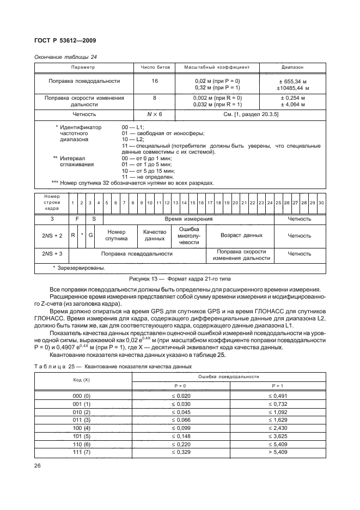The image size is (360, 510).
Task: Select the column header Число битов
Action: [155, 67]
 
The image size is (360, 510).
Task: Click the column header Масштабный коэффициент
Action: [216, 67]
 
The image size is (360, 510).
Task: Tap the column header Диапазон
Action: [292, 67]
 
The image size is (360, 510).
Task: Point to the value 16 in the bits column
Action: [155, 81]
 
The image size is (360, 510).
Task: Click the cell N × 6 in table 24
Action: [155, 114]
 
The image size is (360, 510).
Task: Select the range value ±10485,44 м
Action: [292, 87]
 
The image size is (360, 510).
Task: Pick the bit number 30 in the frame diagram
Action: [321, 203]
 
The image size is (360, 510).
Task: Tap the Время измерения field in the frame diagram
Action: [188, 218]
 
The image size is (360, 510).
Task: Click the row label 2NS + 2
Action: [52, 235]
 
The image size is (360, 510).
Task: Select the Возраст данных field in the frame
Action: [241, 235]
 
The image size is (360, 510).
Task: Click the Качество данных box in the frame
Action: [154, 235]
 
